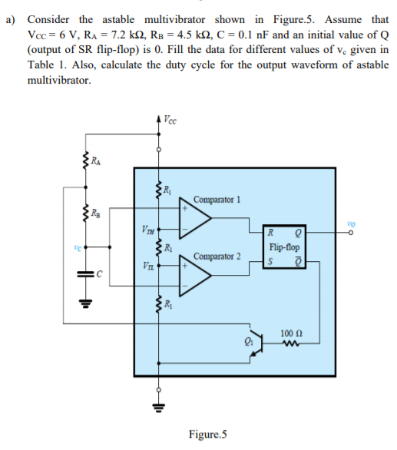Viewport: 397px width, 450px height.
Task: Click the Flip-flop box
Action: (x=283, y=248)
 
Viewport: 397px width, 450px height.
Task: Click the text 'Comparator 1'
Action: (x=217, y=199)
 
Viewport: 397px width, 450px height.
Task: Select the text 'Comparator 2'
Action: (x=217, y=255)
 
